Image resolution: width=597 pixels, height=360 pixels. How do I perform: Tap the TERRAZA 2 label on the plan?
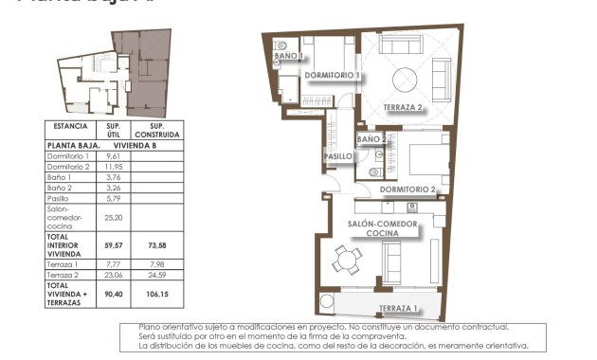(x=403, y=107)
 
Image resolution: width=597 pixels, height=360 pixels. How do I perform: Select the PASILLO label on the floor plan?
(x=338, y=156)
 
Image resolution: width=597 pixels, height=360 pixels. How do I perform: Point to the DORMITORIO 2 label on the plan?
(x=407, y=189)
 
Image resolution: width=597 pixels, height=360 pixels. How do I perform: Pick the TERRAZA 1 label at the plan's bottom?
(x=398, y=309)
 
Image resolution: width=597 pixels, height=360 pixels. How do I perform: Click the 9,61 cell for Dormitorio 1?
(x=113, y=155)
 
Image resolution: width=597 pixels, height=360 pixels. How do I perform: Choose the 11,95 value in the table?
(x=113, y=167)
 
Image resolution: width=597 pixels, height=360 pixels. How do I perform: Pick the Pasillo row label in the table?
(x=61, y=198)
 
